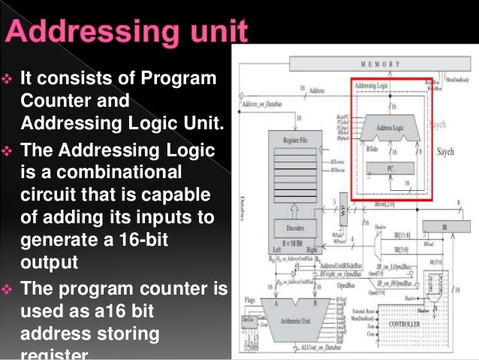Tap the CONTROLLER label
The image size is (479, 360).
(404, 324)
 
